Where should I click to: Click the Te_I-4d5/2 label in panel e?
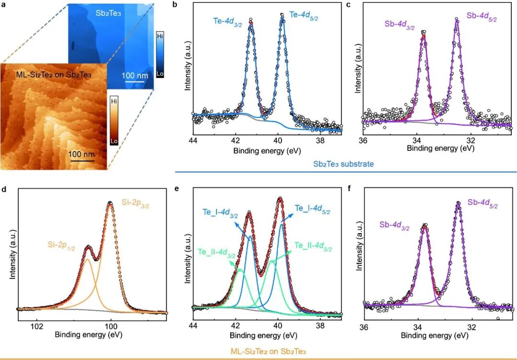(x=312, y=210)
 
